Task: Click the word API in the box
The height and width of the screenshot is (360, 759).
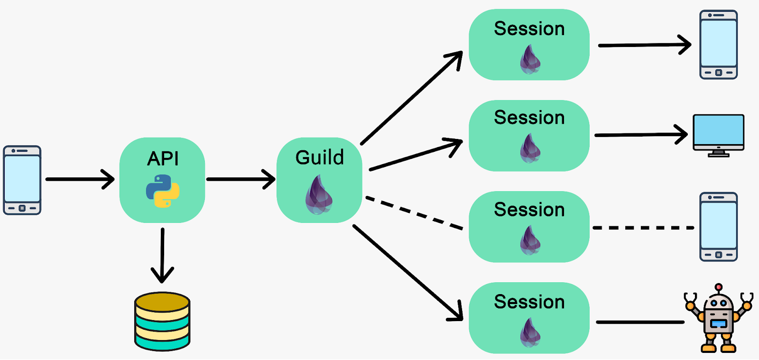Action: [x=163, y=158]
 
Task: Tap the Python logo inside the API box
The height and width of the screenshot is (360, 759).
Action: [x=163, y=191]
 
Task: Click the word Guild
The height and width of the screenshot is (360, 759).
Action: [x=319, y=157]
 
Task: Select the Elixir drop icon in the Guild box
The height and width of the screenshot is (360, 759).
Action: [x=319, y=194]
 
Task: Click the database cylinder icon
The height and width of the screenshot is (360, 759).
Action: [x=162, y=322]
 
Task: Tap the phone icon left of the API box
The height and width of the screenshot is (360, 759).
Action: [x=22, y=180]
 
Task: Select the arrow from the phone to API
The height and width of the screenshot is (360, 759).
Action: [x=78, y=179]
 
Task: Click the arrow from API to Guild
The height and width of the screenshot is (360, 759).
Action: [x=240, y=179]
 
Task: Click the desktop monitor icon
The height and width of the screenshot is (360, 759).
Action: [x=718, y=135]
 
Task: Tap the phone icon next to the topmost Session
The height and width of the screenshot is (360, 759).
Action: [x=718, y=45]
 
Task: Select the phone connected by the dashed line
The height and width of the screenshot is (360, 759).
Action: [x=718, y=227]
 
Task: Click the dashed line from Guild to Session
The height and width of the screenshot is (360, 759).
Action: [x=414, y=213]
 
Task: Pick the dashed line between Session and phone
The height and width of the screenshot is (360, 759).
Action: [x=643, y=228]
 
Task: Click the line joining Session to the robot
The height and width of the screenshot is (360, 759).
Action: [x=639, y=322]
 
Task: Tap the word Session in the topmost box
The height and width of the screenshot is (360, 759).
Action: [x=529, y=29]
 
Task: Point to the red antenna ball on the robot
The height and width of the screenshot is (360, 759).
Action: [x=719, y=287]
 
